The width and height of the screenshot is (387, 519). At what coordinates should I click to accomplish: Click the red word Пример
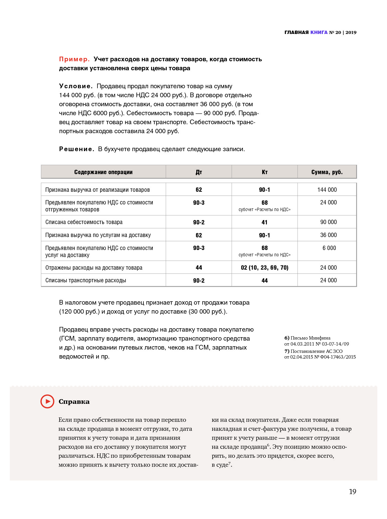tap(74, 59)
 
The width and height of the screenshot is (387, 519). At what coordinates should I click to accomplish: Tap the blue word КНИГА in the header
tap(319, 32)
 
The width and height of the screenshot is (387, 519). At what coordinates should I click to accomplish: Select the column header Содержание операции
tap(103, 172)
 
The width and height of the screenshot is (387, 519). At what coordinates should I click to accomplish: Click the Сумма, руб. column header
tap(327, 172)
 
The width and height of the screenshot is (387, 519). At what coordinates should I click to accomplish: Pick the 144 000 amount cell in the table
tap(327, 190)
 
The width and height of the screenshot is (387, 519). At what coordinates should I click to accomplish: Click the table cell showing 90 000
tap(328, 222)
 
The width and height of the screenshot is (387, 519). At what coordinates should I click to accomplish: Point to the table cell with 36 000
tap(328, 235)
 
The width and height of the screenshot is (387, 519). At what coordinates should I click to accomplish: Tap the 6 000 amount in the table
tap(329, 248)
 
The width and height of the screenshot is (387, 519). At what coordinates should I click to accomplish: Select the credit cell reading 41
tap(265, 222)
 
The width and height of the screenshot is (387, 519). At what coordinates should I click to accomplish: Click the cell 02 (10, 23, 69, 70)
tap(265, 268)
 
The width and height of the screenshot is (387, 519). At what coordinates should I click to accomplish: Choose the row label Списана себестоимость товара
tap(84, 222)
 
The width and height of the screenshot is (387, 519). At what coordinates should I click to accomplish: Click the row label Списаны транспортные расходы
tap(86, 280)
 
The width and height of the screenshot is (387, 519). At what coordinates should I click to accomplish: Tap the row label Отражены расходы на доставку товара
tap(94, 268)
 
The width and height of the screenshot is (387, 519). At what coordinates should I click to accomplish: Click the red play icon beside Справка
tap(47, 401)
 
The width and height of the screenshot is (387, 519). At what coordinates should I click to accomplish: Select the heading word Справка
tap(74, 402)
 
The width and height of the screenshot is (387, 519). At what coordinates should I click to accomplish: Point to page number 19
tap(352, 492)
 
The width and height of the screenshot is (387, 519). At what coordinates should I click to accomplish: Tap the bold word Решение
tap(77, 149)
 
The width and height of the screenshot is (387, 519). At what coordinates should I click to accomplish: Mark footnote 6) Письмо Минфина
tap(307, 338)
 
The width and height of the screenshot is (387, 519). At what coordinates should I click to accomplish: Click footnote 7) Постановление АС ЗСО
tap(313, 351)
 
